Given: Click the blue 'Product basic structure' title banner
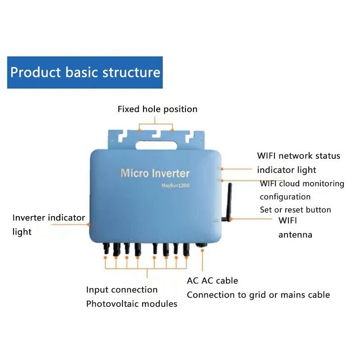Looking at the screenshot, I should pos(85,72).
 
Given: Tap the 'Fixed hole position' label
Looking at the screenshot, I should pos(157,109).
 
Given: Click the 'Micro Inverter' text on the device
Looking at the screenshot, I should pos(155,173).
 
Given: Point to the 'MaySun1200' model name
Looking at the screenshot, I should pos(175,185).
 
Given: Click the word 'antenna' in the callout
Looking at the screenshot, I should pos(295,234).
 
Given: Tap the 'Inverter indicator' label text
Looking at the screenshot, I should pos(49,218).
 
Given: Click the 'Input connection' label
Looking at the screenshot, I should pos(121,290).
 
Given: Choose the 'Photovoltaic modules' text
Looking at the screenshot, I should pos(131,304).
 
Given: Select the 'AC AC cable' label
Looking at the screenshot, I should pos(212,281).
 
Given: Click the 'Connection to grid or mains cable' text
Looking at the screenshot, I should pos(258,295).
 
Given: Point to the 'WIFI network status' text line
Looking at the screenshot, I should pos(298,156).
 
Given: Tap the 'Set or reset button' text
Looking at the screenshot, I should pos(295,210).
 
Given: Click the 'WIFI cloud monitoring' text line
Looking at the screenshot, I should pos(301,184).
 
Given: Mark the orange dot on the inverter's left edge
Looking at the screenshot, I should pos(89,224).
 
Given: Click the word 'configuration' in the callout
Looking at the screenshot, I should pos(285,197).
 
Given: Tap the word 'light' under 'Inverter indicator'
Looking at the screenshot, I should pos(22,232).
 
